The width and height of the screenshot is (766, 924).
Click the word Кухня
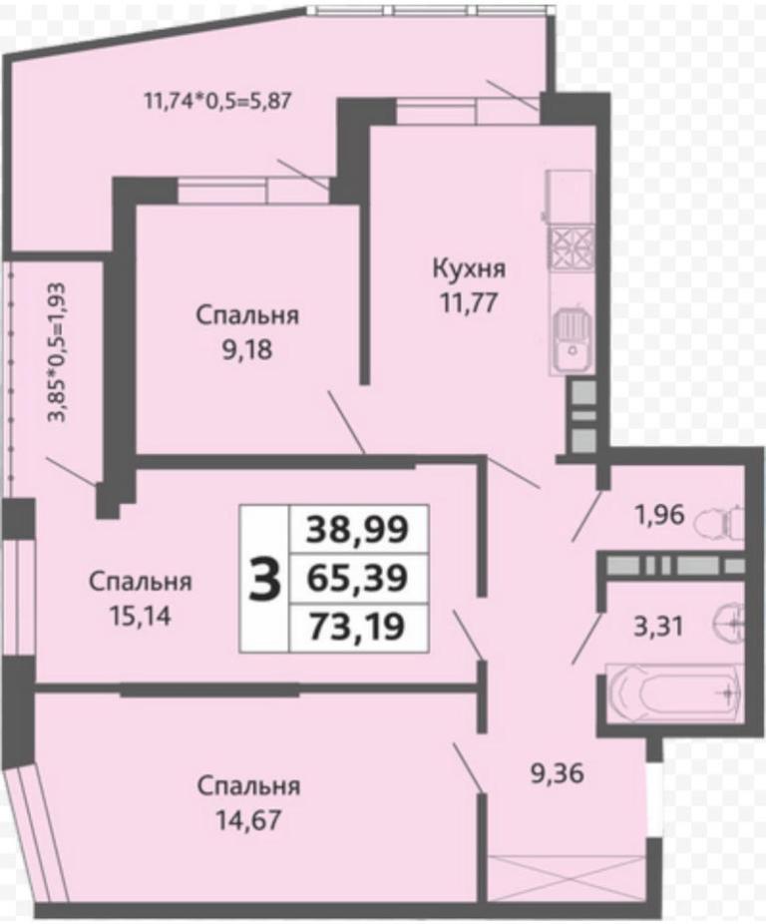point(469,269)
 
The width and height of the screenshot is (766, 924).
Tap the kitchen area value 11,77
point(469,303)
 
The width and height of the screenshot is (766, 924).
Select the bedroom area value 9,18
point(247,349)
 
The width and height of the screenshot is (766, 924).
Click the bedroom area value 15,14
point(141,616)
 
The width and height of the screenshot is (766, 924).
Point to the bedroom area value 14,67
point(248,819)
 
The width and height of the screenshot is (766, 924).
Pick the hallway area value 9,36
point(557,773)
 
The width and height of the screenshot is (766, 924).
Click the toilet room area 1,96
point(659,515)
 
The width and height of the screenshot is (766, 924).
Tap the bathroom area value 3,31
point(658,627)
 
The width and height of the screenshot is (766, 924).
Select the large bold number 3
point(264,580)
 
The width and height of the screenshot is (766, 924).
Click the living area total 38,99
point(358,529)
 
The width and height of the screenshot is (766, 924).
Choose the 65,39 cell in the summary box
point(358,578)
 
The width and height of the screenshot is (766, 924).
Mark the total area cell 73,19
point(358,627)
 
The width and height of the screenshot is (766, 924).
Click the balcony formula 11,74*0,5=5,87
point(218,102)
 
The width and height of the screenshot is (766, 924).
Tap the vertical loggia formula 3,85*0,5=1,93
point(58,352)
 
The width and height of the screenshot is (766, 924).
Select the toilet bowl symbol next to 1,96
point(719,522)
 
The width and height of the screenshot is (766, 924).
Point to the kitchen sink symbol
point(571,342)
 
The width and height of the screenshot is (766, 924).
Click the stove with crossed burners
point(571,248)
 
